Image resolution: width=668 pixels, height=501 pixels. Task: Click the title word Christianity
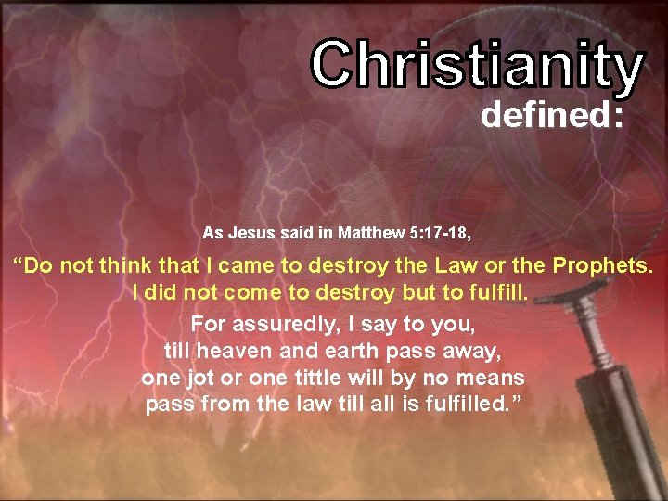coord(477,66)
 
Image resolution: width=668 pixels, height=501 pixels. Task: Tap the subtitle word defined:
coord(550,117)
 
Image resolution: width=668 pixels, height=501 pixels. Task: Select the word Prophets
coord(603,266)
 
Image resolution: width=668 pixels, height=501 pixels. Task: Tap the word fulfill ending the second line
coord(499,293)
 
